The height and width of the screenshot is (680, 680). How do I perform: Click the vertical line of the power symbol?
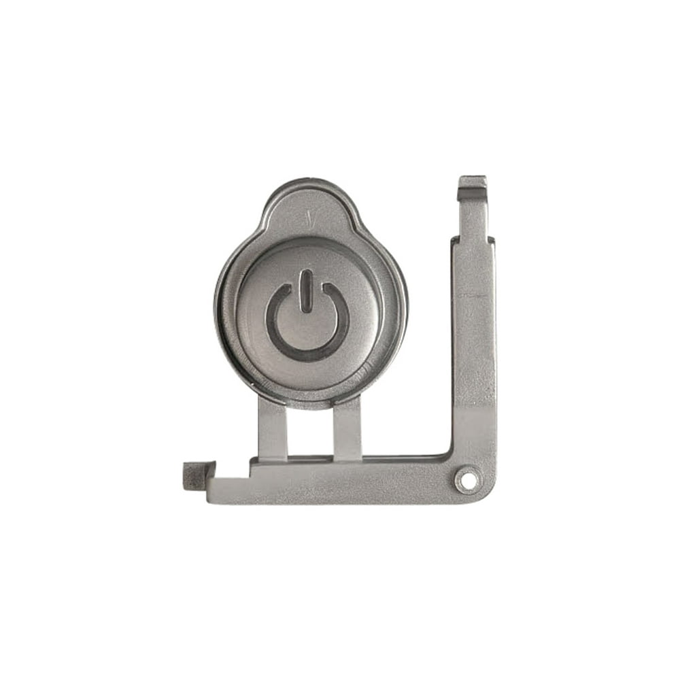307,291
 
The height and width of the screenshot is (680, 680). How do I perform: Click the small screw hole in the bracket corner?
466,480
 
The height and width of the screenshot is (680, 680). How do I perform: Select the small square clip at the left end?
197,474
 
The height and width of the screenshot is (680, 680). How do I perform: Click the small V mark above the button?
309,219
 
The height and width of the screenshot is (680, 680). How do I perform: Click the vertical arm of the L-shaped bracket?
474,340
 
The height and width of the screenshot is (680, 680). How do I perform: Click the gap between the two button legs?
310,432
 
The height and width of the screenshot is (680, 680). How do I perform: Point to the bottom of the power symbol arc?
307,355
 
